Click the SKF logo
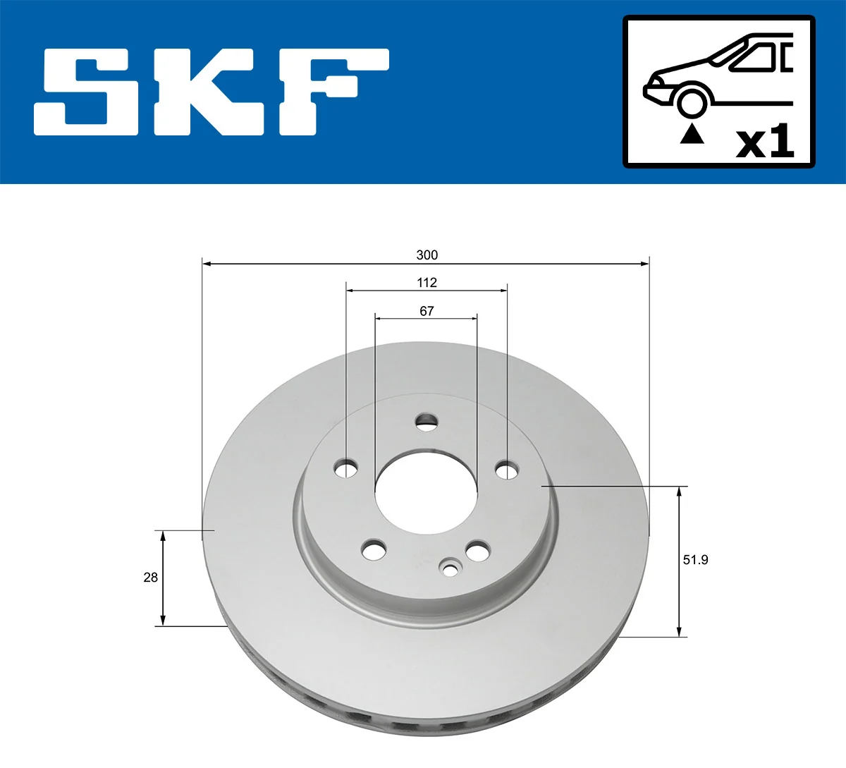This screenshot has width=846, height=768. pyautogui.click(x=211, y=92)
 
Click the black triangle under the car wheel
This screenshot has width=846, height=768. pyautogui.click(x=692, y=134)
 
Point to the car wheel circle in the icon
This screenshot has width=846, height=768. pyautogui.click(x=692, y=102)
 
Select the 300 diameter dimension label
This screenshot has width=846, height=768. pyautogui.click(x=427, y=255)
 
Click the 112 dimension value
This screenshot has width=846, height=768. pyautogui.click(x=427, y=283)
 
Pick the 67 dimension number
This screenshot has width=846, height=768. pyautogui.click(x=427, y=311)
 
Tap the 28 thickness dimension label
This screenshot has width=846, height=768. pyautogui.click(x=150, y=578)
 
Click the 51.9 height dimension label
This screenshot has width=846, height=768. pyautogui.click(x=695, y=560)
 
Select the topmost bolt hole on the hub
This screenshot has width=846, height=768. pyautogui.click(x=426, y=422)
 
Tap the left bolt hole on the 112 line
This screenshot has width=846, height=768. pyautogui.click(x=346, y=468)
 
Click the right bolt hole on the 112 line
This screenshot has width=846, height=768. pyautogui.click(x=507, y=470)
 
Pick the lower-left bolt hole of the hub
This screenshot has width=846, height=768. pyautogui.click(x=374, y=549)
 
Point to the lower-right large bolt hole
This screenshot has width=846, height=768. pyautogui.click(x=477, y=551)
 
